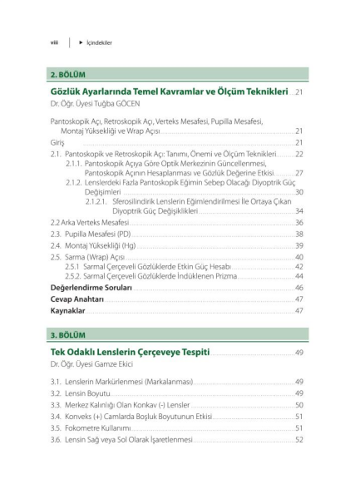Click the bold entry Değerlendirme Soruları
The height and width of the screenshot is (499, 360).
[91, 287]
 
